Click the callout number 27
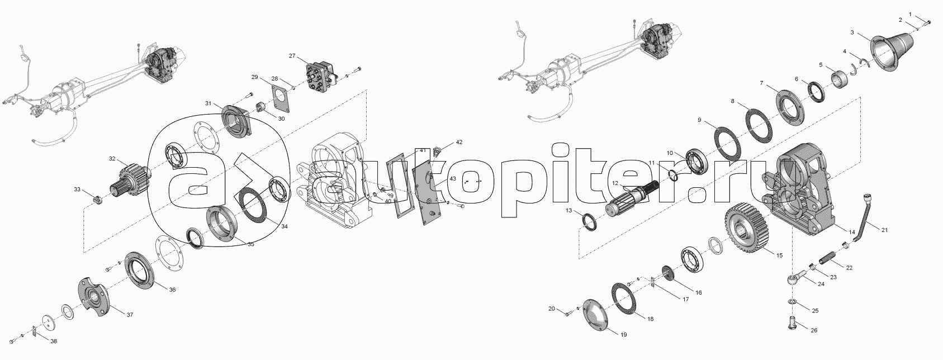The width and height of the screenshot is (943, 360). (x=292, y=56)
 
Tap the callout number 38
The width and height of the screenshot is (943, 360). (x=54, y=342)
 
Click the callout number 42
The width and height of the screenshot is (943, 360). (x=459, y=143)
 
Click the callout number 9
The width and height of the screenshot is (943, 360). (x=699, y=120)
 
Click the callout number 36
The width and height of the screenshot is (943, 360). (x=172, y=290)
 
